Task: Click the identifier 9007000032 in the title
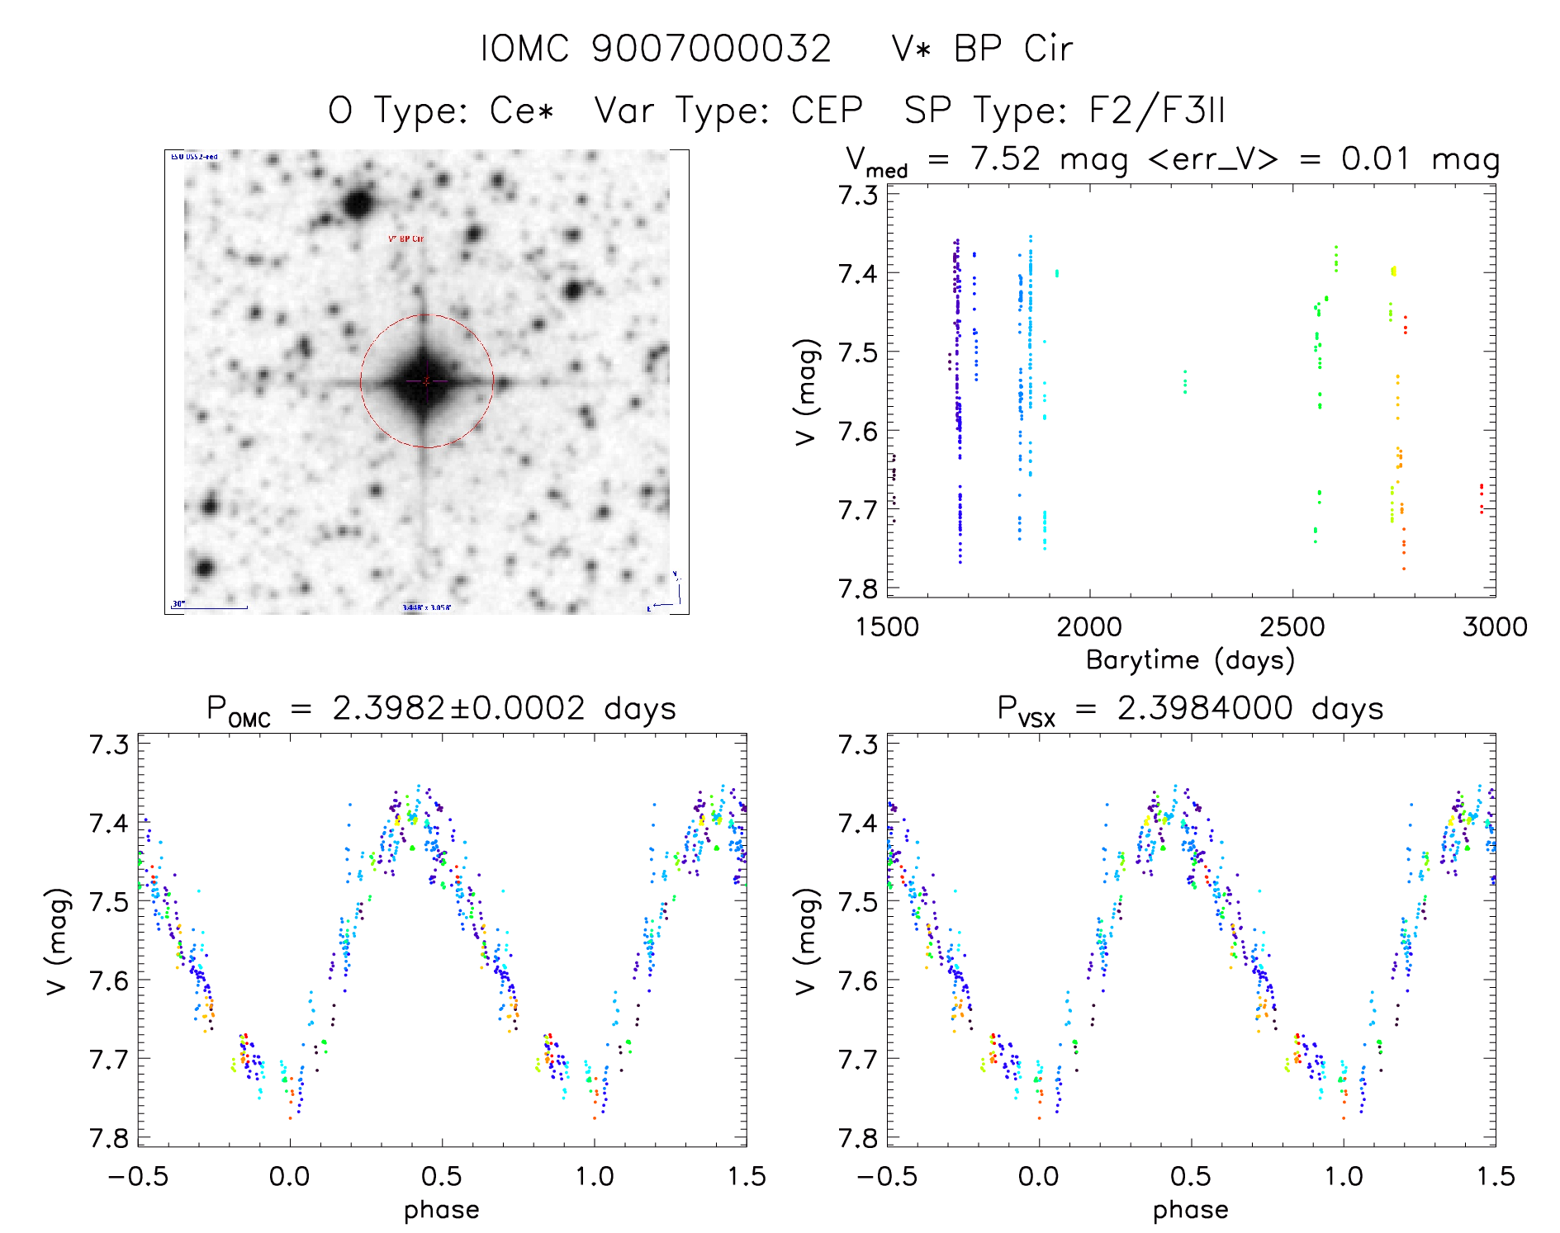[711, 49]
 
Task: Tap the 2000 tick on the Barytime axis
[1089, 627]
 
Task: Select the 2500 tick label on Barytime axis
[1292, 627]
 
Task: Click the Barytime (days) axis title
[1190, 660]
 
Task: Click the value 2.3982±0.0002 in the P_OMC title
[458, 708]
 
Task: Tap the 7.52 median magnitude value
[1006, 158]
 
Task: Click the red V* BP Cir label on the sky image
[406, 239]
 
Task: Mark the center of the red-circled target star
[426, 381]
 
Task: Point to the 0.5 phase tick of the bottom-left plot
[442, 1176]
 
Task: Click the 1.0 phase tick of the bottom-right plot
[1344, 1176]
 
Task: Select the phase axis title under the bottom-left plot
[442, 1210]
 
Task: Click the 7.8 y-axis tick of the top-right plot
[858, 588]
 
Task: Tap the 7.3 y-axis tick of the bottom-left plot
[109, 744]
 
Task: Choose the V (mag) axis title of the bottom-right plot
[807, 942]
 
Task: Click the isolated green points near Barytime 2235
[1185, 382]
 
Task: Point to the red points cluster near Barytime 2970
[1482, 498]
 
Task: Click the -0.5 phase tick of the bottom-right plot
[886, 1176]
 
